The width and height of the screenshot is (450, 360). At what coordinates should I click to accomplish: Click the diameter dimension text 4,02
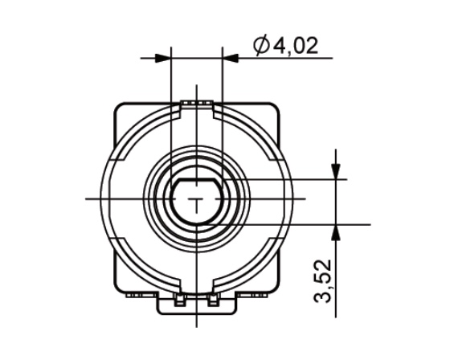pos(296,46)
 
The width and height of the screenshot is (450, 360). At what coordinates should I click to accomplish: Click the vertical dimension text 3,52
pos(323,281)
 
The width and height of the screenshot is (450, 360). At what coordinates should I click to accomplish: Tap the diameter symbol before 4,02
pos(261,46)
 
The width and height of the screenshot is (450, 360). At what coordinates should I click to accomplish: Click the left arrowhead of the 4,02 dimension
pos(162,58)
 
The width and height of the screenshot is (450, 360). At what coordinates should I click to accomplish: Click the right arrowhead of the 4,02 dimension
pos(231,58)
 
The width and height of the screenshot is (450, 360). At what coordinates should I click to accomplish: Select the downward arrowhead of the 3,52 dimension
pos(336,171)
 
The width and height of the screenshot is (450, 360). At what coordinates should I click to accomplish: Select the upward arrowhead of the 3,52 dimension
pos(336,232)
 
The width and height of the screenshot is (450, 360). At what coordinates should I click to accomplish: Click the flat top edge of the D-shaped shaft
pos(196,178)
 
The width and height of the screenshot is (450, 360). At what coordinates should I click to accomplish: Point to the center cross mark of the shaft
pos(197,198)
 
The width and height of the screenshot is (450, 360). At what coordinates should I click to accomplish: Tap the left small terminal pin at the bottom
pos(179,300)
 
